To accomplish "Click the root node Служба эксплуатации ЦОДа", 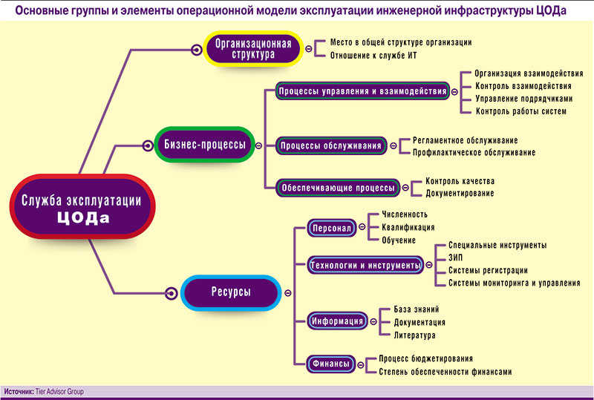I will pyautogui.click(x=81, y=207).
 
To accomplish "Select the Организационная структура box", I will pyautogui.click(x=252, y=48).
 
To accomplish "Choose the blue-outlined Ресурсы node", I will pyautogui.click(x=230, y=292).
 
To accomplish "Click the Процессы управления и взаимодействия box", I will pyautogui.click(x=362, y=91).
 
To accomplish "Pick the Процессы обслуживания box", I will pyautogui.click(x=331, y=145).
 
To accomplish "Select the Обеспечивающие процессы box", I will pyautogui.click(x=338, y=188).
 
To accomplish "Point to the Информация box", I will pyautogui.click(x=337, y=321).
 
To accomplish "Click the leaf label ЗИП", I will pyautogui.click(x=455, y=258).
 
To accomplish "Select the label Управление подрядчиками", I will pyautogui.click(x=524, y=99).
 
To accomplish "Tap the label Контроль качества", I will pyautogui.click(x=460, y=181).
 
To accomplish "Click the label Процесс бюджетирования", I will pyautogui.click(x=426, y=358).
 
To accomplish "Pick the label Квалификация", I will pyautogui.click(x=407, y=227).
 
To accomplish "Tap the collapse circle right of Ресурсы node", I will pyautogui.click(x=287, y=292).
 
